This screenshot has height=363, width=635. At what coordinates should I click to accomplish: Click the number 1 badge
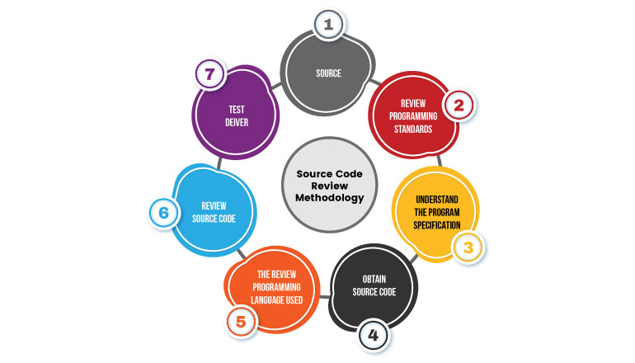point(328,24)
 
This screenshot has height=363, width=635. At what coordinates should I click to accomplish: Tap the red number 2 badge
point(459,106)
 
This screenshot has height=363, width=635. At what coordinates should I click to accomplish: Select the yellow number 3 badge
point(468,247)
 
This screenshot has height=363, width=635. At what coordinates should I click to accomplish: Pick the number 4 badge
point(374,335)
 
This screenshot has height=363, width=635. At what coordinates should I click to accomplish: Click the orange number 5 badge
point(241,322)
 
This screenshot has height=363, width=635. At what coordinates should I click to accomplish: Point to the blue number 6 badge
point(163,213)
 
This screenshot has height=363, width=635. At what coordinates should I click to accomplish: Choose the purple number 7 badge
point(209,74)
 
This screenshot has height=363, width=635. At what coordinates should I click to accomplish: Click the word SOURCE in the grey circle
point(328,73)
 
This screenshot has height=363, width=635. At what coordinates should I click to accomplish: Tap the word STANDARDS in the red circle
point(413,130)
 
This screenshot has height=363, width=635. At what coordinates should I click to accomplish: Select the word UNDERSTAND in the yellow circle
point(437,200)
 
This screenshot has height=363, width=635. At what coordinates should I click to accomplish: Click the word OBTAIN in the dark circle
point(374,279)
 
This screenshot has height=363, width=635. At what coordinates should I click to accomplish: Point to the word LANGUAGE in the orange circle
point(266,300)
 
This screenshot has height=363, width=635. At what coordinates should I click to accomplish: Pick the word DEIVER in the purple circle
point(237,122)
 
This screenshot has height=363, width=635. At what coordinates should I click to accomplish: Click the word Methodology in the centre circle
point(330,198)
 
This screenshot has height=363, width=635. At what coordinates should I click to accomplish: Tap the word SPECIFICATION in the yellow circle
point(437,225)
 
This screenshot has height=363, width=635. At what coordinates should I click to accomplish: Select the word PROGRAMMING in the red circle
point(413,116)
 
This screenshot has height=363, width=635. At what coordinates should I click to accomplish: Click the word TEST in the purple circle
point(237,110)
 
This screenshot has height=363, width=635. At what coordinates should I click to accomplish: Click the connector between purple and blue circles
point(219,163)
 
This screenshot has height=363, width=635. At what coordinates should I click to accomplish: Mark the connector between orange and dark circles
point(325,297)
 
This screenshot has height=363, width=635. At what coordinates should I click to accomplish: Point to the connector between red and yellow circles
point(440,161)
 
